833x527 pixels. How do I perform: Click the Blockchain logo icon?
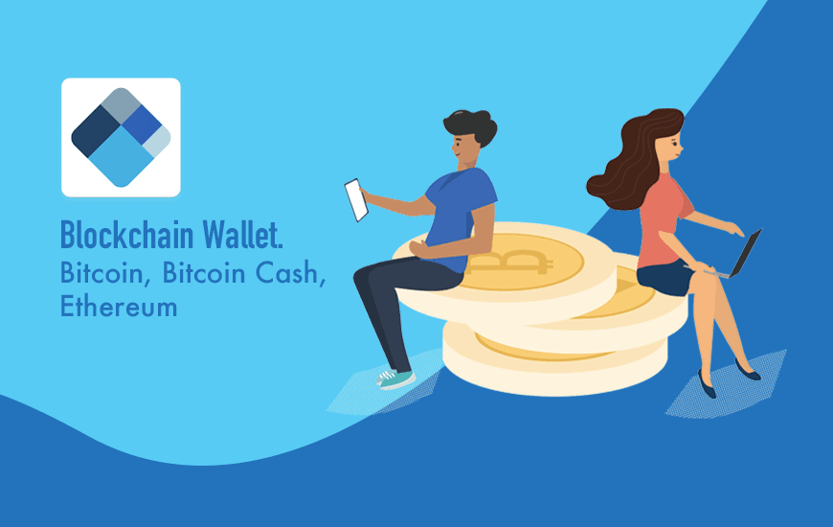point(121,137)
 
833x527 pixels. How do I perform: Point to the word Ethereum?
point(119,307)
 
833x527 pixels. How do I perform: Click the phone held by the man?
point(356,199)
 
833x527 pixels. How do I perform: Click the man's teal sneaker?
point(395,378)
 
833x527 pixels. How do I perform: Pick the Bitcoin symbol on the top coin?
point(526,262)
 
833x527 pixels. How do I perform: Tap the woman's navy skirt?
point(666,278)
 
